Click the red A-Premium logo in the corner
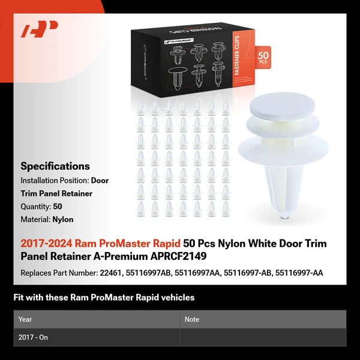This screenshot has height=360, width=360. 40,29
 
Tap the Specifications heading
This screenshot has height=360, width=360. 55,166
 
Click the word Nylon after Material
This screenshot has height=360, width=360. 63,220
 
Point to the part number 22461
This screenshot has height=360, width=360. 110,273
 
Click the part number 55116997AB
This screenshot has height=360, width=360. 149,273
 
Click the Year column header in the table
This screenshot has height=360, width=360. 25,319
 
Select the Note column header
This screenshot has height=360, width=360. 192,319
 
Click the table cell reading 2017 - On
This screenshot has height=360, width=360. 34,337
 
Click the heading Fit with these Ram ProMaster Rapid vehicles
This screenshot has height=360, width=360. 104,298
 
